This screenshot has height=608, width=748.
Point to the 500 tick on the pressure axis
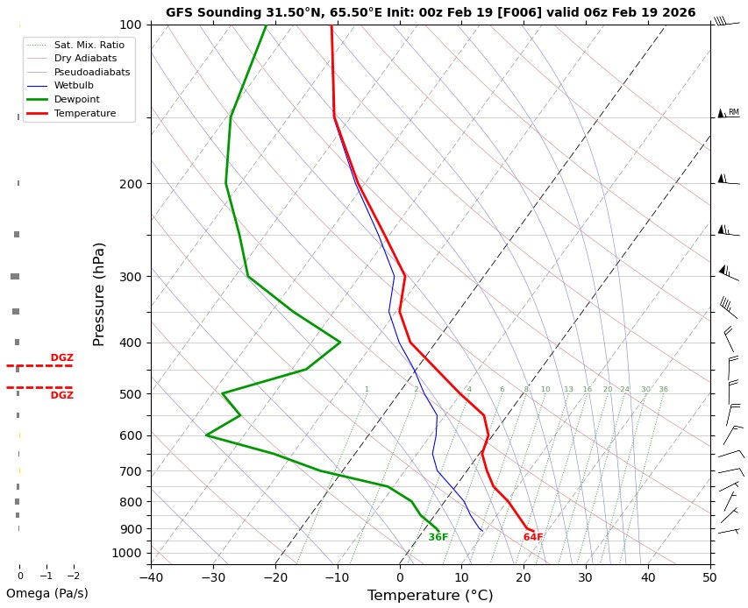coord(130,394)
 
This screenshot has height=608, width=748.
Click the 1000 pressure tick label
coord(126,553)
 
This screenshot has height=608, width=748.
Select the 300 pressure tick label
coord(130,277)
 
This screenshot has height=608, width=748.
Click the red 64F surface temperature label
coord(533,537)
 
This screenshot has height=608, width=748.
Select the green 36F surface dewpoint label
coord(438,537)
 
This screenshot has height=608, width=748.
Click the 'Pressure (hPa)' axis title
coord(99,293)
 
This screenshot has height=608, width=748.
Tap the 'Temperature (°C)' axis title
coord(430,596)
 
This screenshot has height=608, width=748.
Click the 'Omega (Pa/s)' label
coord(46,593)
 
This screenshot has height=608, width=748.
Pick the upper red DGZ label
coord(61,357)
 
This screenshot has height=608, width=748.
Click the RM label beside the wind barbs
coord(734,112)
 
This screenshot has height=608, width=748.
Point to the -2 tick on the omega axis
coord(74,576)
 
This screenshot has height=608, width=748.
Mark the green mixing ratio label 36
coord(663,389)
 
